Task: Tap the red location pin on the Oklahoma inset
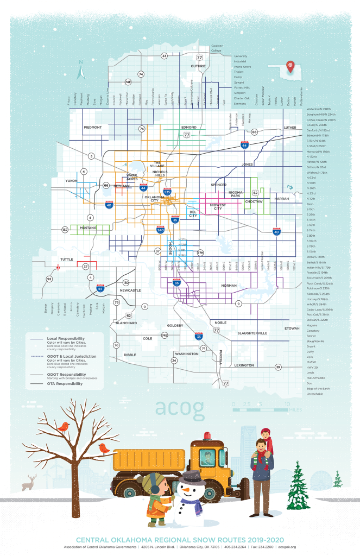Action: tap(290, 65)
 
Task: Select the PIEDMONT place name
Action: tap(92, 127)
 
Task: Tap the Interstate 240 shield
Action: tap(160, 229)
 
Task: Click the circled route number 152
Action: tap(65, 230)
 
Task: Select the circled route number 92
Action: tap(49, 279)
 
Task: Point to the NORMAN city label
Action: tap(229, 285)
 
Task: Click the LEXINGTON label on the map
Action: tap(244, 365)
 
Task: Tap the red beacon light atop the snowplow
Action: tap(206, 436)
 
